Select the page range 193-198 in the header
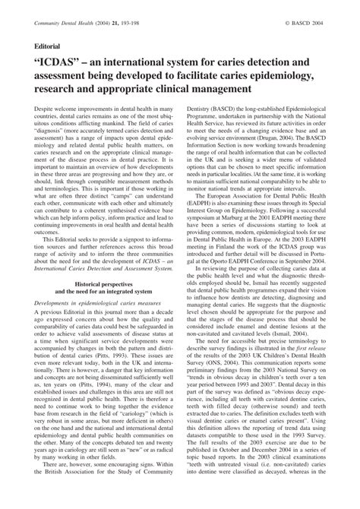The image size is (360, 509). (134, 24)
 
